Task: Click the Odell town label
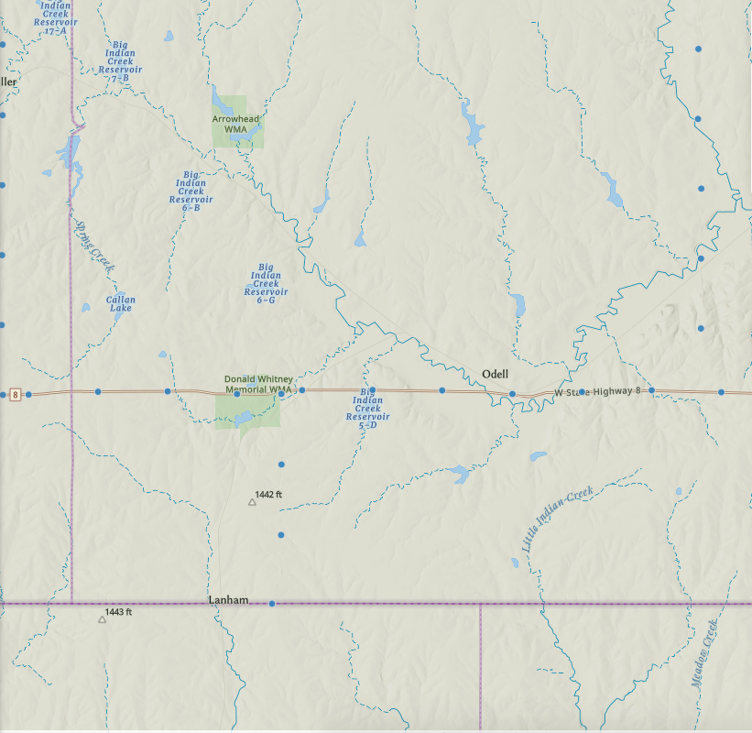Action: click(495, 374)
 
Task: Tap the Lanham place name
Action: click(228, 600)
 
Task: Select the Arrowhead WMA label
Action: click(235, 124)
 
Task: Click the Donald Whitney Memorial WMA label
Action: click(258, 385)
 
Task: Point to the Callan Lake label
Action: click(120, 304)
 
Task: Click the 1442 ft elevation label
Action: click(269, 495)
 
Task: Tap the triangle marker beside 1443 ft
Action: click(102, 619)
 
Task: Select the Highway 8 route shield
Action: click(15, 395)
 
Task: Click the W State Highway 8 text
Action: click(597, 392)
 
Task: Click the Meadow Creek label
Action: click(703, 654)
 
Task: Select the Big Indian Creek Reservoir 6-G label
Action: click(266, 283)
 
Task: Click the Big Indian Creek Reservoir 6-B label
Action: click(191, 191)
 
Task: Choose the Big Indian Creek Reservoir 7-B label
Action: click(120, 61)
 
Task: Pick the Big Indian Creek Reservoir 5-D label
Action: click(368, 408)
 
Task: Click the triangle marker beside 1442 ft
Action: click(252, 502)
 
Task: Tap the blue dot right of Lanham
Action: click(272, 604)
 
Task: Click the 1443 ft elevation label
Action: click(119, 611)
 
